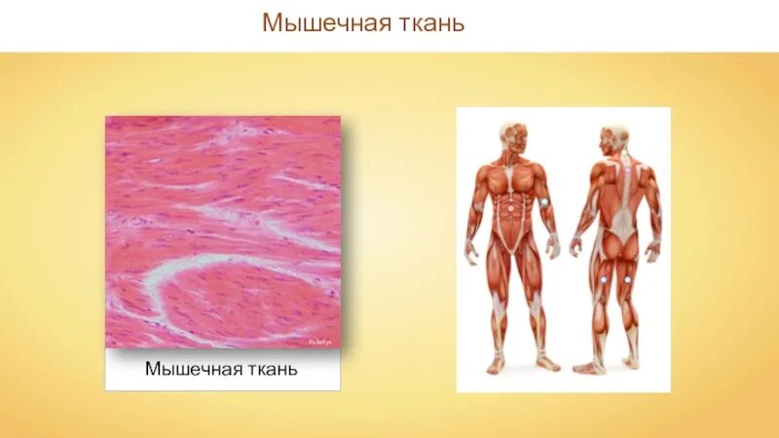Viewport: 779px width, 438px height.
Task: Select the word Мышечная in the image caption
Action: click(x=187, y=370)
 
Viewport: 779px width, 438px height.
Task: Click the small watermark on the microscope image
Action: click(x=320, y=342)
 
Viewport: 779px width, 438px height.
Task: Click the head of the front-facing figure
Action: click(x=513, y=135)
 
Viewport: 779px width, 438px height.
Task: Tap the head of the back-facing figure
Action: click(x=614, y=136)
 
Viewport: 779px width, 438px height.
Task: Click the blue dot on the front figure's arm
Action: click(x=545, y=202)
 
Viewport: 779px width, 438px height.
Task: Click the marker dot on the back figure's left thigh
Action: click(x=604, y=280)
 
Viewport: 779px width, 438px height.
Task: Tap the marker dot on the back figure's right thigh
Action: click(x=629, y=280)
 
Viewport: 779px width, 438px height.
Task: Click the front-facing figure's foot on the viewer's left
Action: click(x=496, y=365)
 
